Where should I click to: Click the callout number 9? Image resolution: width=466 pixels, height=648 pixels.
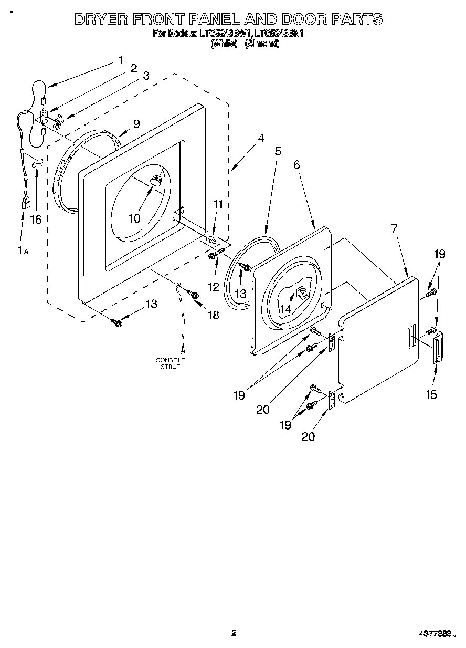pos(136,124)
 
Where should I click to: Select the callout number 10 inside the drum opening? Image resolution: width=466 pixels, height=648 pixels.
pos(134,217)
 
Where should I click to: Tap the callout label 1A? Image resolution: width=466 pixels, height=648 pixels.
pos(23,250)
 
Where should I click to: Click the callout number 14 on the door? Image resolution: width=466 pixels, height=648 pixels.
pos(285,310)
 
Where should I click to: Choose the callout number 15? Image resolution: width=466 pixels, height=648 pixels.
pos(431,394)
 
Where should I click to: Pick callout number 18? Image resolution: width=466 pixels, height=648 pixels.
pos(214,315)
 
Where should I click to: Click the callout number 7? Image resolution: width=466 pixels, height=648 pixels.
pos(394,228)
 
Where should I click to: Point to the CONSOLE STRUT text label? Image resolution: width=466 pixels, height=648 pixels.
pos(170,363)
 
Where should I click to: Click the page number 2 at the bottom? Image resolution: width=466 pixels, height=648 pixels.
pos(234,633)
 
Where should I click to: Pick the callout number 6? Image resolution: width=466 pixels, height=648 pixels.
pos(296,165)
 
